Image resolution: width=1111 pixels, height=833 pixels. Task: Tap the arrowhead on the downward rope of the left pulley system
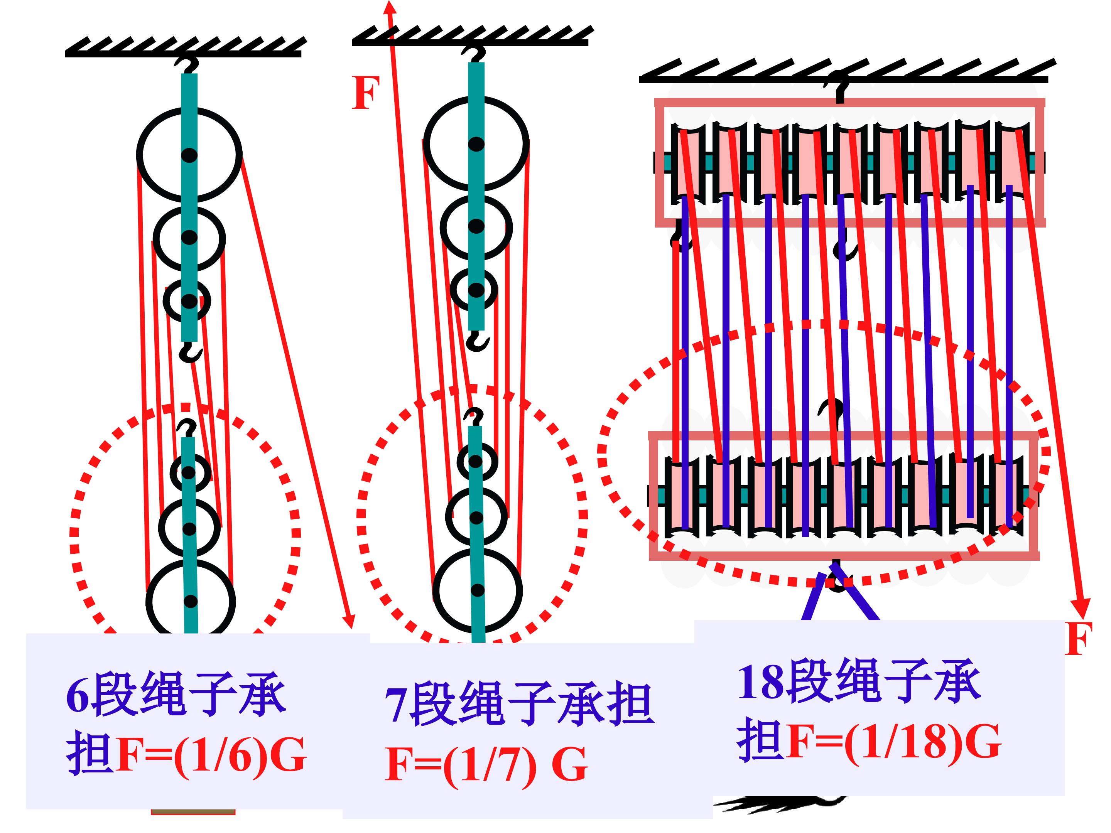[349, 621]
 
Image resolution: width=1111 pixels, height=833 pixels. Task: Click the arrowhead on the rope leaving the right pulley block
[1080, 609]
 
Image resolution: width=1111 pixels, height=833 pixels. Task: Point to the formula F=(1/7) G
[486, 765]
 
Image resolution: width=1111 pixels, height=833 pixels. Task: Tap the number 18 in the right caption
[760, 682]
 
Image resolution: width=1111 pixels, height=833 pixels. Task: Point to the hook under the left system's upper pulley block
[191, 353]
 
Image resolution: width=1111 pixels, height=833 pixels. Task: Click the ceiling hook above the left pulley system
[187, 65]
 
